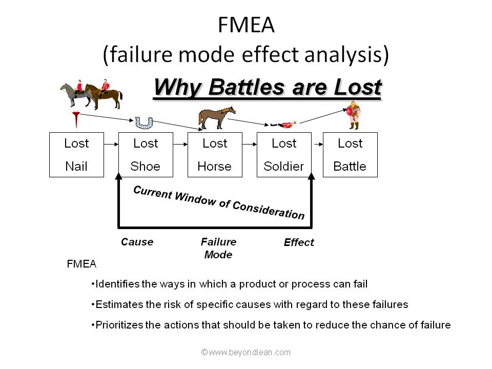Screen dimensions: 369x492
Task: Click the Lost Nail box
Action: [x=76, y=155]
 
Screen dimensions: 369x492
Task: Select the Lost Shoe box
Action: [x=146, y=155]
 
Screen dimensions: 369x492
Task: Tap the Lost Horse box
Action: [x=215, y=155]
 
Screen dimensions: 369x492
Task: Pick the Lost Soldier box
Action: [x=284, y=155]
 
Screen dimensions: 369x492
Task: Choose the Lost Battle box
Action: [x=350, y=155]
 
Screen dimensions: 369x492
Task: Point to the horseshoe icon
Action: [x=144, y=122]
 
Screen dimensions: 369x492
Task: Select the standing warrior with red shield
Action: [x=353, y=115]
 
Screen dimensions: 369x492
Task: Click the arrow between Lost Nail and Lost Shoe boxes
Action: [x=111, y=145]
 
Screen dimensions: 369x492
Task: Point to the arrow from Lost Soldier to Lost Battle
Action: [x=317, y=145]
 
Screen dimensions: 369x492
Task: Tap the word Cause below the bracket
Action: [x=137, y=241]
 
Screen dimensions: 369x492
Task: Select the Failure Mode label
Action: [x=218, y=248]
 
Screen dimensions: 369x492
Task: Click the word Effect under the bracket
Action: [x=299, y=242]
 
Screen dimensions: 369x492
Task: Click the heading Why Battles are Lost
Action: [x=267, y=87]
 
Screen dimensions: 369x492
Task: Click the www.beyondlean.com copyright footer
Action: [x=246, y=352]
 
